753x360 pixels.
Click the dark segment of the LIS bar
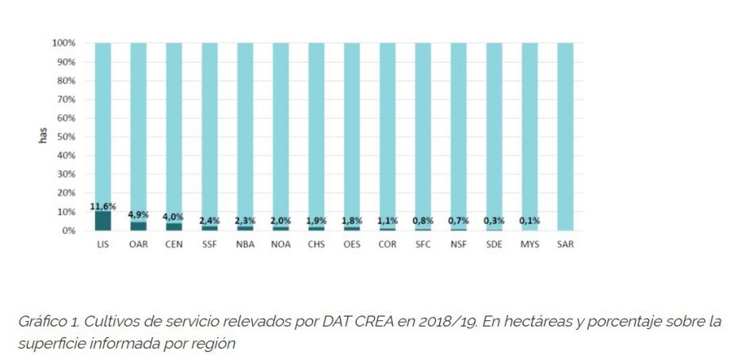pyautogui.click(x=103, y=221)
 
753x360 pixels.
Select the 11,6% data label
pyautogui.click(x=103, y=206)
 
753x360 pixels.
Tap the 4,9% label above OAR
pyautogui.click(x=139, y=214)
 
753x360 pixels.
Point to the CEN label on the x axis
pyautogui.click(x=174, y=244)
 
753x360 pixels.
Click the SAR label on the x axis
pyautogui.click(x=565, y=244)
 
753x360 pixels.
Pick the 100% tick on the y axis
pyautogui.click(x=63, y=42)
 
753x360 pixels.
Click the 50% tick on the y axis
pyautogui.click(x=66, y=136)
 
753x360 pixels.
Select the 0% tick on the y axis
pyautogui.click(x=69, y=231)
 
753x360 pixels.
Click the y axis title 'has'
pyautogui.click(x=44, y=136)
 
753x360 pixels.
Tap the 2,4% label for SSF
pyautogui.click(x=209, y=220)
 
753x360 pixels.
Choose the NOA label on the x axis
pyautogui.click(x=281, y=244)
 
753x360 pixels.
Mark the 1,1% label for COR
pyautogui.click(x=388, y=222)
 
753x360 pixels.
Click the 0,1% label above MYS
pyautogui.click(x=529, y=221)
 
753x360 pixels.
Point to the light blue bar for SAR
pyautogui.click(x=565, y=135)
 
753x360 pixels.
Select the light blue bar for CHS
pyautogui.click(x=316, y=135)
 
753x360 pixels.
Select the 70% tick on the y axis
pyautogui.click(x=66, y=99)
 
